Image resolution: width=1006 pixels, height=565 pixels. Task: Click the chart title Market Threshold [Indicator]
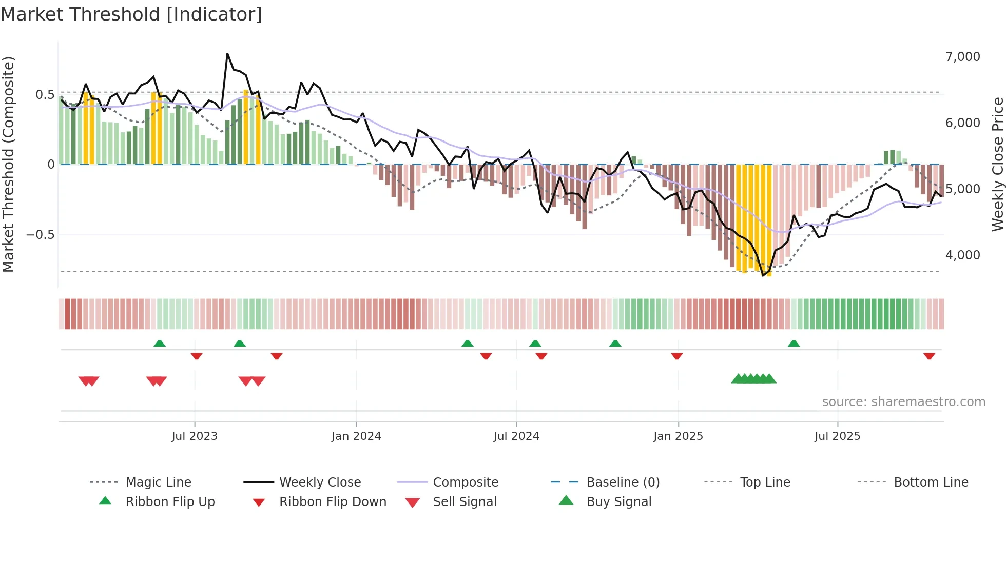(x=131, y=14)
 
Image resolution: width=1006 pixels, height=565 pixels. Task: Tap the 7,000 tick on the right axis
(x=962, y=57)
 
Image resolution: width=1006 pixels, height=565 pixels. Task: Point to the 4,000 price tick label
(x=962, y=255)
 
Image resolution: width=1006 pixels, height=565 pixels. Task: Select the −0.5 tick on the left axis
(x=40, y=235)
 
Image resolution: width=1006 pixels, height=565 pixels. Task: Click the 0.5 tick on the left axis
(x=45, y=95)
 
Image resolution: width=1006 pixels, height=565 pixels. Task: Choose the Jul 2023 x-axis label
(x=195, y=436)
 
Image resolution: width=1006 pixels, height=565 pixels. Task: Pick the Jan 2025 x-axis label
(x=678, y=436)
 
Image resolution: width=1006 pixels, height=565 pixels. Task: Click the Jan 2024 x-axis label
(x=356, y=436)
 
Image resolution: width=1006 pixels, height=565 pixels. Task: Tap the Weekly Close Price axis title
(x=997, y=164)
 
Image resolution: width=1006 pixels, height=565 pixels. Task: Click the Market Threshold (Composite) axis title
(x=8, y=164)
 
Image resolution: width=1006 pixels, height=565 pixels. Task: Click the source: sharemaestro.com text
(x=903, y=402)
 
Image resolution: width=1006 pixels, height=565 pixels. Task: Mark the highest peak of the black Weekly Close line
(x=227, y=54)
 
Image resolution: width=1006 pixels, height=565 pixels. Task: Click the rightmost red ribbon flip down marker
(x=929, y=356)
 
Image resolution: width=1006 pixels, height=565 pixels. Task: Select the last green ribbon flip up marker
(x=794, y=344)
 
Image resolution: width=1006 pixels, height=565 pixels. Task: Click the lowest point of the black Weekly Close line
(x=763, y=276)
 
